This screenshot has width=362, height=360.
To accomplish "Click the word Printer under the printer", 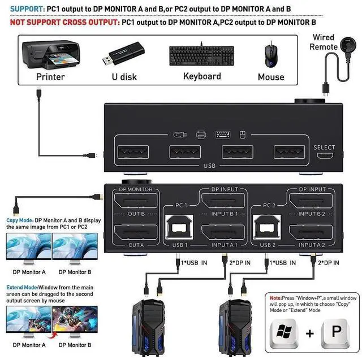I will [50, 76].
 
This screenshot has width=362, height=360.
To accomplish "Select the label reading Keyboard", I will [202, 76].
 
